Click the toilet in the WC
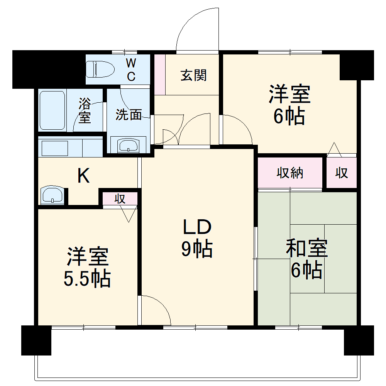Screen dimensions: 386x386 101,69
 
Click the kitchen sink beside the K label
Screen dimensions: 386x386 52,195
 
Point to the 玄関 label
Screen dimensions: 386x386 193,75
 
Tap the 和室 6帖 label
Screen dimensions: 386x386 306,259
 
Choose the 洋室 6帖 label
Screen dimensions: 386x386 289,105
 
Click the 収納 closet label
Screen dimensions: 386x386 290,173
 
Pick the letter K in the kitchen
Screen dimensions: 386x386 84,176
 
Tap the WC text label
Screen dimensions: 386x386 131,69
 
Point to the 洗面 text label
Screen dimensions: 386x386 129,115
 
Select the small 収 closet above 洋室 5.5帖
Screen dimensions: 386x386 120,199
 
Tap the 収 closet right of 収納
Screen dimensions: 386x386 342,173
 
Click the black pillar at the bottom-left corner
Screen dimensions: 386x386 36,340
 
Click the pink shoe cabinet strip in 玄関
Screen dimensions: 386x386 160,74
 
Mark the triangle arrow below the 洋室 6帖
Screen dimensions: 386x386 334,150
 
